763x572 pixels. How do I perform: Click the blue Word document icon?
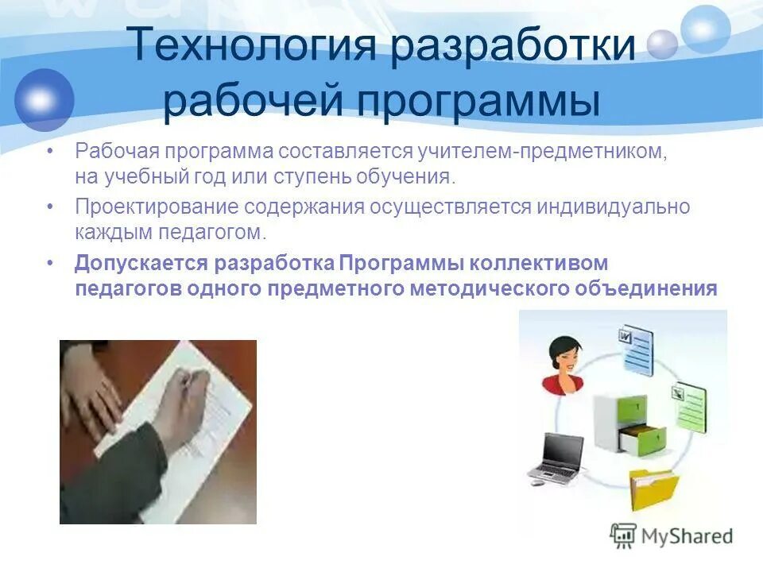(637, 350)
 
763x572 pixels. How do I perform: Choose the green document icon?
(689, 404)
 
